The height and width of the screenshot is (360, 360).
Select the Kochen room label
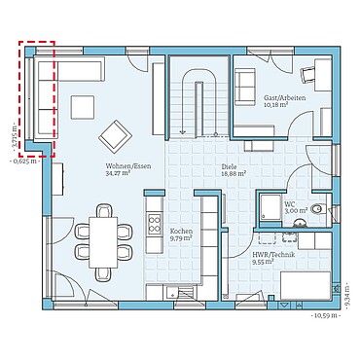(x=182, y=230)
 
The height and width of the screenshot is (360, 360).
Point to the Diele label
(x=230, y=166)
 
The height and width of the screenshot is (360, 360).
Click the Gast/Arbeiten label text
(x=284, y=98)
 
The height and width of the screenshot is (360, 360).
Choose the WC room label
(x=291, y=201)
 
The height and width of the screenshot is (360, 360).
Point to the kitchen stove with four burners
(x=154, y=227)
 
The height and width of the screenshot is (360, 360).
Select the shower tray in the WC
(x=266, y=205)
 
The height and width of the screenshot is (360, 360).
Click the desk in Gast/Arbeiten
(x=308, y=72)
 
